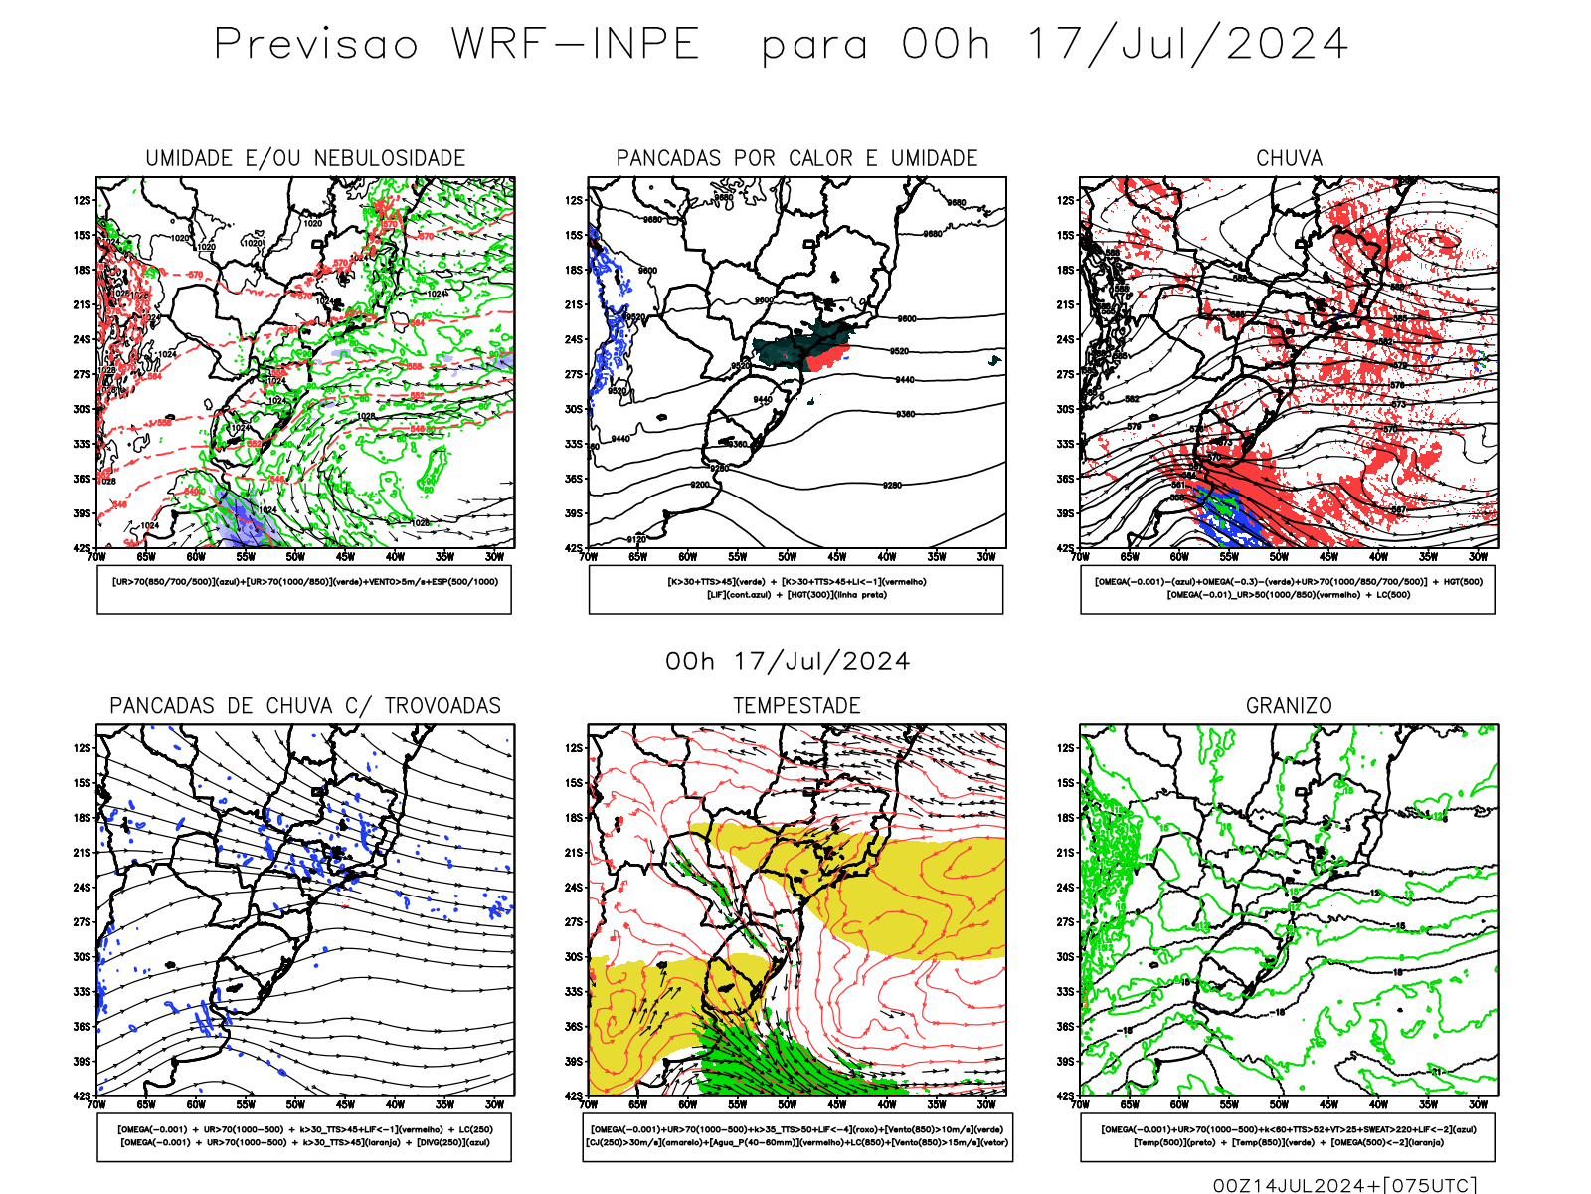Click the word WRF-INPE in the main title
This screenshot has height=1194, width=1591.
[x=576, y=45]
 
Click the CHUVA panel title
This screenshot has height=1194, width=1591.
[x=1289, y=159]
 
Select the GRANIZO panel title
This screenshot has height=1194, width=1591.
[x=1289, y=706]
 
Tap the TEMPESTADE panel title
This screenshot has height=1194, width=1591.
[x=796, y=706]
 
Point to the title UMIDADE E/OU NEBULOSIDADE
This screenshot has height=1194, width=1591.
[x=305, y=159]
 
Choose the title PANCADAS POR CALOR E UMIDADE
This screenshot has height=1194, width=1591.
[x=796, y=159]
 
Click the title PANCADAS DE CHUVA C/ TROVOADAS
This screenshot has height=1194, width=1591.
[x=305, y=706]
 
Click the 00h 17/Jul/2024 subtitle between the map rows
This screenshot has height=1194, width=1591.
[x=788, y=662]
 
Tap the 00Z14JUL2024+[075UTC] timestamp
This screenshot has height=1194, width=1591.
[x=1344, y=1184]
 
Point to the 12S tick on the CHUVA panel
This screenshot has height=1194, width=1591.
[x=1066, y=201]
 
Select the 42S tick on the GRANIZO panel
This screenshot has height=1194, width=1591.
[x=1066, y=1095]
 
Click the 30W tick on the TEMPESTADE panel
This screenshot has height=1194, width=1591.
[x=985, y=1104]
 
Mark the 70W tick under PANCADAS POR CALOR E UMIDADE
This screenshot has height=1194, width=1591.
[x=589, y=557]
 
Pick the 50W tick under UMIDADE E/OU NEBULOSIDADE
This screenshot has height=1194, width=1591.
[x=295, y=557]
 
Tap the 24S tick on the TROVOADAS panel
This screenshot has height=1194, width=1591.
[x=82, y=888]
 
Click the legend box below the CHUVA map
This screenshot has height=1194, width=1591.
[x=1288, y=589]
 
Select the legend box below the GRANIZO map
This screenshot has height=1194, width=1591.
[x=1288, y=1136]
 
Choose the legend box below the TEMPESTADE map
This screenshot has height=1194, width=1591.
[x=796, y=1136]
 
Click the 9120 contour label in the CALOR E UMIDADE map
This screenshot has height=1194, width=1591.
[x=636, y=539]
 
